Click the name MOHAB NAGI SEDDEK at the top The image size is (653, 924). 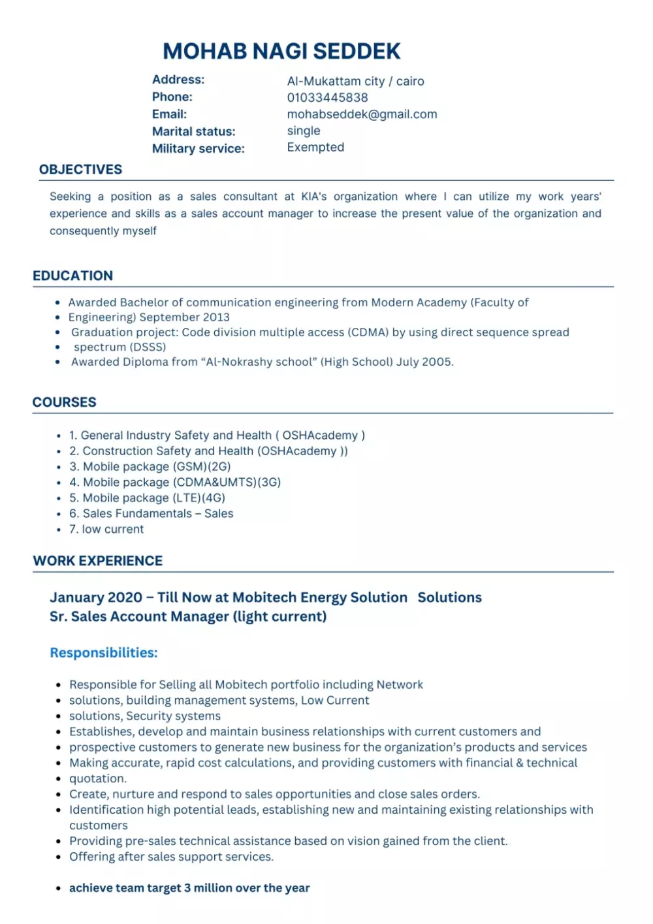[x=281, y=51]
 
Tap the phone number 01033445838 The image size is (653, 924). [x=327, y=97]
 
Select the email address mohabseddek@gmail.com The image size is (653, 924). [x=362, y=114]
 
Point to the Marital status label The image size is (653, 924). [x=193, y=131]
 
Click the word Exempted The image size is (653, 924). [x=315, y=148]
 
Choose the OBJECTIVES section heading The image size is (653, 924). [x=80, y=169]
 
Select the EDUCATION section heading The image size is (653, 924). [x=72, y=276]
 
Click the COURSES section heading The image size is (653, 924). [x=64, y=402]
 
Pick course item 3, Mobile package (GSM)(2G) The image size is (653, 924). [x=150, y=467]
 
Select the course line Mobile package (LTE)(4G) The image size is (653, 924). [x=148, y=498]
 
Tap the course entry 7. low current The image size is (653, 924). [x=106, y=530]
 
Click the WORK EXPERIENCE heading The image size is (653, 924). [x=98, y=561]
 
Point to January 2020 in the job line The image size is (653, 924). [x=96, y=597]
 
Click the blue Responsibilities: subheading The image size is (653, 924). [x=104, y=653]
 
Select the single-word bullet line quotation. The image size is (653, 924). [x=98, y=778]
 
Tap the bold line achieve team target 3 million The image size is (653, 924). [x=189, y=888]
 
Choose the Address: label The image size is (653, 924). [x=178, y=80]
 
